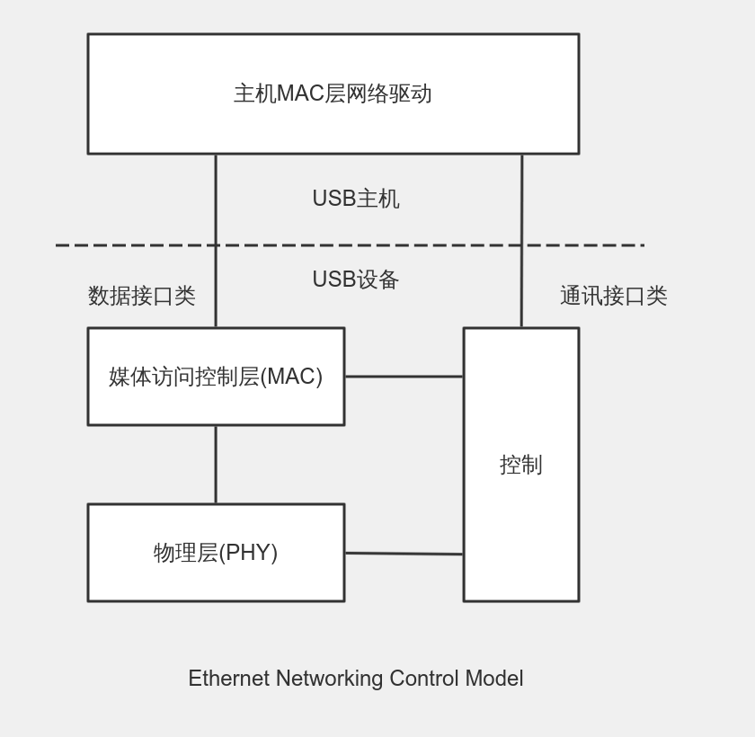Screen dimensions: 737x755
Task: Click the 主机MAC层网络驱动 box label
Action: (x=333, y=93)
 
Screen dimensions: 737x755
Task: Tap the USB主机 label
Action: (x=355, y=199)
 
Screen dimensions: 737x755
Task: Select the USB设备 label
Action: (x=355, y=280)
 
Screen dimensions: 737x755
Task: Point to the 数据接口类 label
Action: (x=141, y=296)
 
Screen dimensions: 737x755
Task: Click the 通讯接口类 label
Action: (x=613, y=296)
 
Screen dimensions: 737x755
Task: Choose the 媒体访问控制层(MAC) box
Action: (x=216, y=377)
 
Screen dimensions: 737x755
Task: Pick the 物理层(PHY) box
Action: (x=216, y=553)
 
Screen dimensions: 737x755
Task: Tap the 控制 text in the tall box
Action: (x=520, y=465)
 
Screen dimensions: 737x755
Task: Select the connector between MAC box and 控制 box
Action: (x=404, y=377)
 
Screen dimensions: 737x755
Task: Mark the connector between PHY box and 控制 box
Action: (x=404, y=554)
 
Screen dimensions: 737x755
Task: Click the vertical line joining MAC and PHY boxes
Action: (x=216, y=464)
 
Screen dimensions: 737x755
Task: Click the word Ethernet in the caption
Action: (x=228, y=679)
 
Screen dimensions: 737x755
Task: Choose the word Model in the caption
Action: (x=493, y=679)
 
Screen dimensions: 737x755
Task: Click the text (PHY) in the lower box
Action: (x=248, y=553)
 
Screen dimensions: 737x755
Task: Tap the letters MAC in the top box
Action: (x=300, y=93)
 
